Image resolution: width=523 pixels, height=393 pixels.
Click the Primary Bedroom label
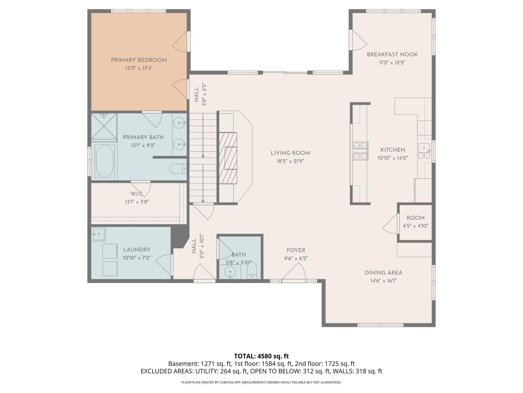point(139,60)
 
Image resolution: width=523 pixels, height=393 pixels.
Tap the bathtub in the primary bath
point(105,161)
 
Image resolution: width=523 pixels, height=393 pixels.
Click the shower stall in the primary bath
point(104,126)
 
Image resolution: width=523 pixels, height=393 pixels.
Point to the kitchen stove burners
point(361,151)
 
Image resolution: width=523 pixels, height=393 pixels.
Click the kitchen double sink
point(424,151)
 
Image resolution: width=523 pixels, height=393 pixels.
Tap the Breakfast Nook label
point(392,55)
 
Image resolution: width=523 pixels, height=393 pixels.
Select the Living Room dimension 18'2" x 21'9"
point(290,161)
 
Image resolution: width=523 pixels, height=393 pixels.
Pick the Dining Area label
point(383,273)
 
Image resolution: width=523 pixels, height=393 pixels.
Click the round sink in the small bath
point(230,272)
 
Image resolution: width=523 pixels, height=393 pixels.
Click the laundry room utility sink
point(98,234)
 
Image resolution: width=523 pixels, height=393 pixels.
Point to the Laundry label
point(137,250)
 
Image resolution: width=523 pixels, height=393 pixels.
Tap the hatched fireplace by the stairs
point(228,158)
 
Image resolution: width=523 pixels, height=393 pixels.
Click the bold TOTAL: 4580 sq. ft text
point(261,356)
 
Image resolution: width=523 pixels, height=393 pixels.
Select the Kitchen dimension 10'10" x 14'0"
point(393,158)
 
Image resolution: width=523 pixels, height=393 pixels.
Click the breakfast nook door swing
point(358,40)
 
